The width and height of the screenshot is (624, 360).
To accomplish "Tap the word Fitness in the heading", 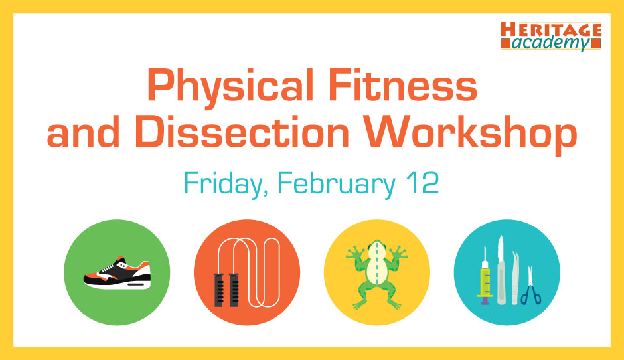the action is (403, 85).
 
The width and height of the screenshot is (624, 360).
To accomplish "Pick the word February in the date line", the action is (337, 185).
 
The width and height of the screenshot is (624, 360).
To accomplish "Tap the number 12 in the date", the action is (423, 183).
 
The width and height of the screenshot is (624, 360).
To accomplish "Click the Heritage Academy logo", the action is (551, 37).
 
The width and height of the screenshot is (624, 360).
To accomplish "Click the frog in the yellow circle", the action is (377, 274).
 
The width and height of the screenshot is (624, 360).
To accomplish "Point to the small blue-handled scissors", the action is (531, 286).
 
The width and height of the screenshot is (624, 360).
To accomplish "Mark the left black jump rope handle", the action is (219, 290).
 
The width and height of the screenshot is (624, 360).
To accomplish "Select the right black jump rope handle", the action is (234, 290).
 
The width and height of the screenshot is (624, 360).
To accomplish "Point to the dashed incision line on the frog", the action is (377, 263).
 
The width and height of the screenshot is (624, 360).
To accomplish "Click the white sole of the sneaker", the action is (119, 284).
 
